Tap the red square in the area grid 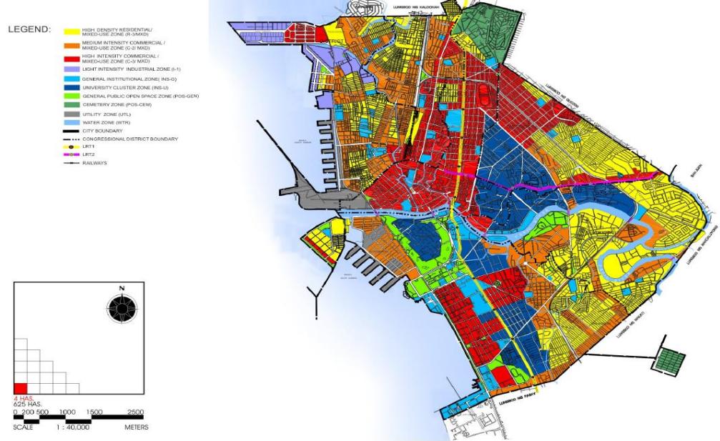pos(21,387)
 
